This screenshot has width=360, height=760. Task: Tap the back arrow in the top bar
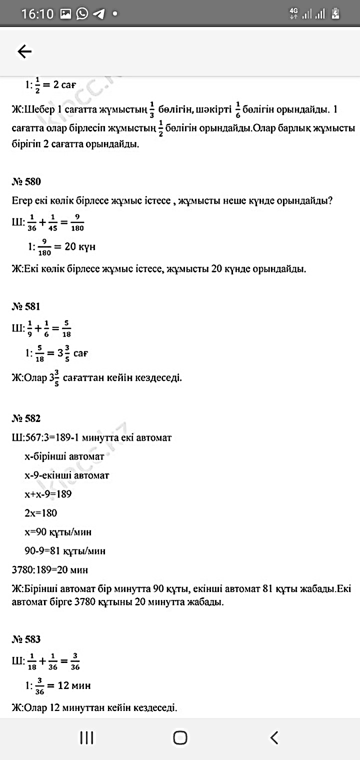click(x=24, y=51)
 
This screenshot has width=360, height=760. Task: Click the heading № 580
click(x=26, y=181)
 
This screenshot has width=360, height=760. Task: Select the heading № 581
click(x=26, y=306)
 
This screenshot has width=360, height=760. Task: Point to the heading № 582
click(x=26, y=418)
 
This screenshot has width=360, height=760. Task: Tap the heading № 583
click(x=26, y=639)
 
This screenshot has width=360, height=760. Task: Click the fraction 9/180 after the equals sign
click(x=77, y=223)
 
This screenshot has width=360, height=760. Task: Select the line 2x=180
click(x=40, y=513)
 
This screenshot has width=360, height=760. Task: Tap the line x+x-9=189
click(x=48, y=494)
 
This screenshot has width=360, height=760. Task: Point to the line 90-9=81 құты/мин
click(x=65, y=551)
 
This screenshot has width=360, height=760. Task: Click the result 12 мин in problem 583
click(x=74, y=685)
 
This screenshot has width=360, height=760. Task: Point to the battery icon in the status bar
click(x=335, y=13)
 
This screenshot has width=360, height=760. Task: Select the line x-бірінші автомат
click(x=64, y=456)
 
